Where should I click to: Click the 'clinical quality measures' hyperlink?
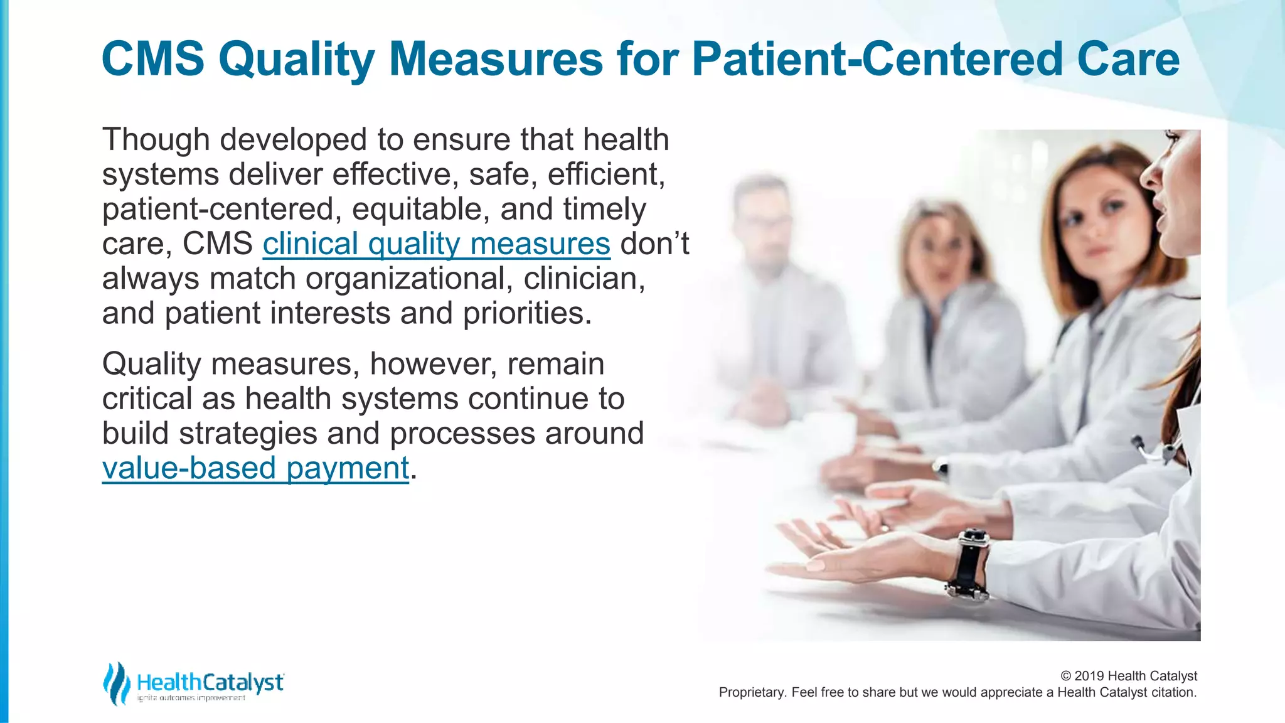tap(436, 244)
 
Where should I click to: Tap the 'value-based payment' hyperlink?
tap(255, 468)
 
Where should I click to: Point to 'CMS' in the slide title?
tap(153, 60)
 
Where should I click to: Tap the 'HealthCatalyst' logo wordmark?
tap(210, 682)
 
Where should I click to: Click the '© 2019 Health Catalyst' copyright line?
tap(1128, 676)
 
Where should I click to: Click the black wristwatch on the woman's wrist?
tap(968, 563)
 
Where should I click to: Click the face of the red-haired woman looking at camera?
tap(1095, 220)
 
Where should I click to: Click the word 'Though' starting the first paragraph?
tap(156, 140)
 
